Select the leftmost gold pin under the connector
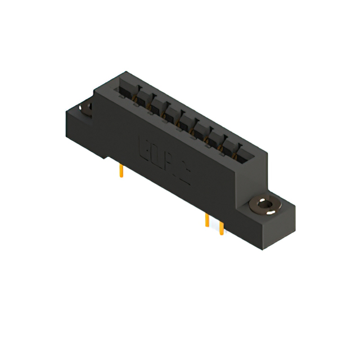(121, 171)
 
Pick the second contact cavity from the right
(228, 144)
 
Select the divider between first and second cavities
(133, 96)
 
